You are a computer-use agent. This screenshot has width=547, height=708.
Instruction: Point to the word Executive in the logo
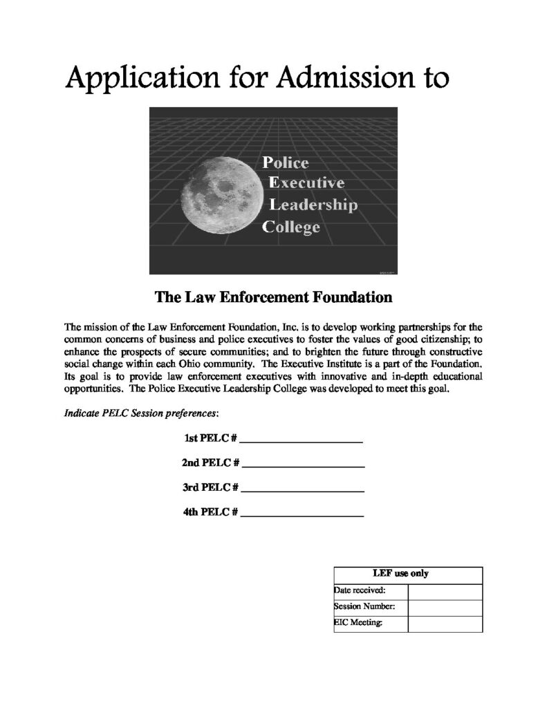306,184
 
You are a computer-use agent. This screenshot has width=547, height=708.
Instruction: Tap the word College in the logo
291,226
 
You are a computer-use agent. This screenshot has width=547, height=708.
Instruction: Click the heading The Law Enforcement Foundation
273,298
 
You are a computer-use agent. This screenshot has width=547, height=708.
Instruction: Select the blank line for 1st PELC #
302,440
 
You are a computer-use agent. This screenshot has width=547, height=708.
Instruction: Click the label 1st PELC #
211,438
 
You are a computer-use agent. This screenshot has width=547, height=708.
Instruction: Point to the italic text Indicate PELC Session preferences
142,413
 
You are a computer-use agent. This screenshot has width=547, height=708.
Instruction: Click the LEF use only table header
407,574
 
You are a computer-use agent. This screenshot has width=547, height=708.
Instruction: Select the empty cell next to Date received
445,591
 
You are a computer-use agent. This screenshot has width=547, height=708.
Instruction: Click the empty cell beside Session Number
445,608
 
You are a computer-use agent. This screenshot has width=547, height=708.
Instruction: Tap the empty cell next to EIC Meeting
445,624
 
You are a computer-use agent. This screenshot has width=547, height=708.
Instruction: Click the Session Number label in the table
365,608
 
